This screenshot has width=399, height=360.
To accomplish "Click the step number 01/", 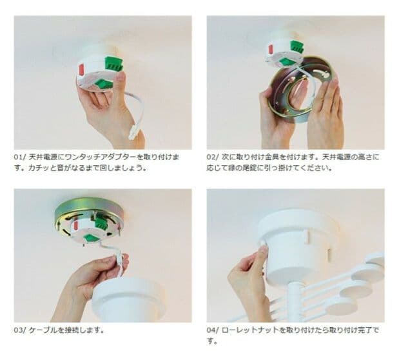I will point(20,157).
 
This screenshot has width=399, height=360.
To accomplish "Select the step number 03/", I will point(21,330).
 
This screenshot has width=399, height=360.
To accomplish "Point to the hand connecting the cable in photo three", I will point(93,277).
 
